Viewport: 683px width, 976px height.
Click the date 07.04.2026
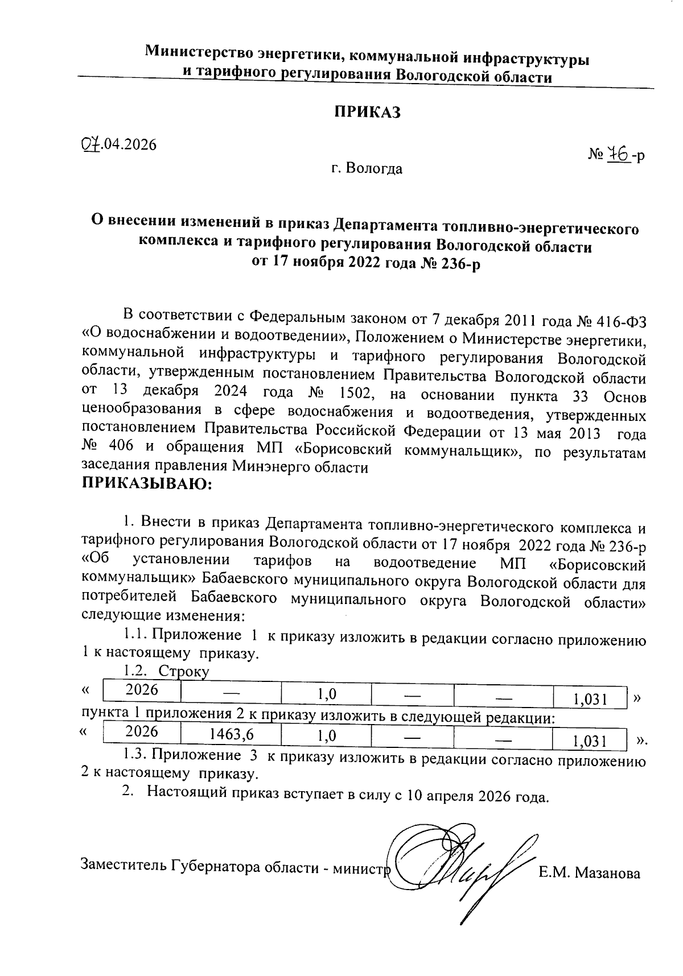118,144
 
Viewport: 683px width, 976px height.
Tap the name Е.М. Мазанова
589,872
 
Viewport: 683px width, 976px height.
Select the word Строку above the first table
184,671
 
